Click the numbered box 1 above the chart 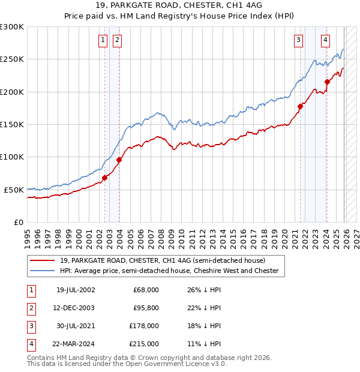pyautogui.click(x=103, y=40)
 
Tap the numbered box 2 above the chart pyautogui.click(x=116, y=40)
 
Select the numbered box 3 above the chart pyautogui.click(x=298, y=40)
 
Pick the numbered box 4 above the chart pyautogui.click(x=325, y=40)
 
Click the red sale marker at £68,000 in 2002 pyautogui.click(x=104, y=178)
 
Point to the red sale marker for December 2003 pyautogui.click(x=119, y=160)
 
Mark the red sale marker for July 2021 pyautogui.click(x=300, y=106)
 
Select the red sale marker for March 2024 pyautogui.click(x=327, y=82)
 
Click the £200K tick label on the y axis pyautogui.click(x=12, y=92)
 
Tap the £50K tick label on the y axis pyautogui.click(x=14, y=190)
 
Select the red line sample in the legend pyautogui.click(x=43, y=260)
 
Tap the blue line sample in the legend pyautogui.click(x=43, y=271)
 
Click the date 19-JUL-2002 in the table pyautogui.click(x=75, y=290)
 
